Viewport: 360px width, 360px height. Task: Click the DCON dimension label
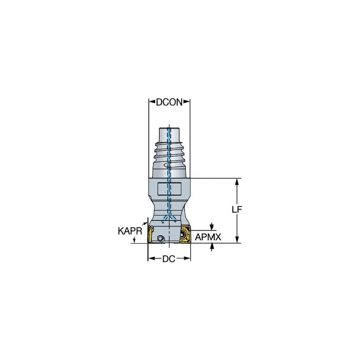click(x=169, y=102)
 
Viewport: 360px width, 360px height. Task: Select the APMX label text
click(x=208, y=237)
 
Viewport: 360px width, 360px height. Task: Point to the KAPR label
click(x=127, y=231)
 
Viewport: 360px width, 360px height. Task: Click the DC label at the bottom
click(x=169, y=259)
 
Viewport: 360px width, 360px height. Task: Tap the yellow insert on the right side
click(x=185, y=234)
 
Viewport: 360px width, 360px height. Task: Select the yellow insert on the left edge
click(x=149, y=235)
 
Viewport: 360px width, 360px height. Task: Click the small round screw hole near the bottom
click(x=160, y=239)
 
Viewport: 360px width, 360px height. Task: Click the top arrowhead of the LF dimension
click(x=238, y=181)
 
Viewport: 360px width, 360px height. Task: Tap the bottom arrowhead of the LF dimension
click(x=238, y=240)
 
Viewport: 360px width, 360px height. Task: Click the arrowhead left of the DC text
click(x=150, y=259)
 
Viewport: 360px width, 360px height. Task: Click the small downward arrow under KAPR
click(x=134, y=241)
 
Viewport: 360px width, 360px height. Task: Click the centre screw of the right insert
click(x=185, y=234)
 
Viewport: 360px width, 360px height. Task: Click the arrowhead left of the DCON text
click(x=151, y=102)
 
